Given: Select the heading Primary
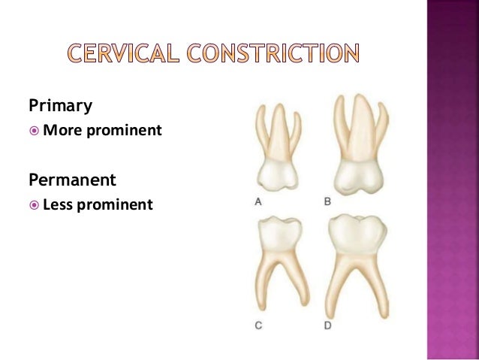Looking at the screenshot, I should (x=60, y=106).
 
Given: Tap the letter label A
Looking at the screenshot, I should (x=258, y=201).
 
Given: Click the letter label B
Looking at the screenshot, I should (x=327, y=201).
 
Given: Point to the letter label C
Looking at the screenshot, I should (x=258, y=327).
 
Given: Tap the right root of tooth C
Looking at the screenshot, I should (x=301, y=286).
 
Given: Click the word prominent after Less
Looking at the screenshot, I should (x=120, y=204).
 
